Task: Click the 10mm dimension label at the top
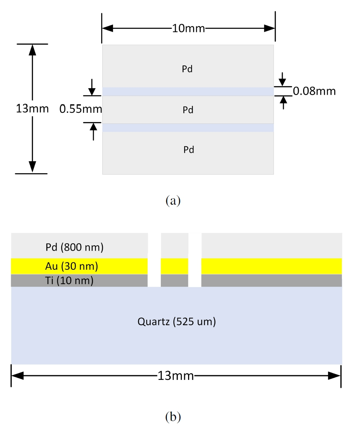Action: coord(188,28)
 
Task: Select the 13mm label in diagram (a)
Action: coord(33,109)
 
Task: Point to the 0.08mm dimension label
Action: coord(314,91)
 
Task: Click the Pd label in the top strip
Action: coord(187,69)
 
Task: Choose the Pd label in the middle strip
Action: coord(188,110)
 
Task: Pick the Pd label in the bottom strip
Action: coord(188,150)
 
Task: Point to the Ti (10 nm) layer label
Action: coord(69,281)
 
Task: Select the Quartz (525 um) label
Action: coord(177,321)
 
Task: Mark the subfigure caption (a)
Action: coord(173,201)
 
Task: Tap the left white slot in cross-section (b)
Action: coord(154,260)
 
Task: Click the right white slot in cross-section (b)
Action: coord(195,260)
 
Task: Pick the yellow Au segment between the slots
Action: coord(174,266)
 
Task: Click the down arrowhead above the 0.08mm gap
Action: coord(283,82)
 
